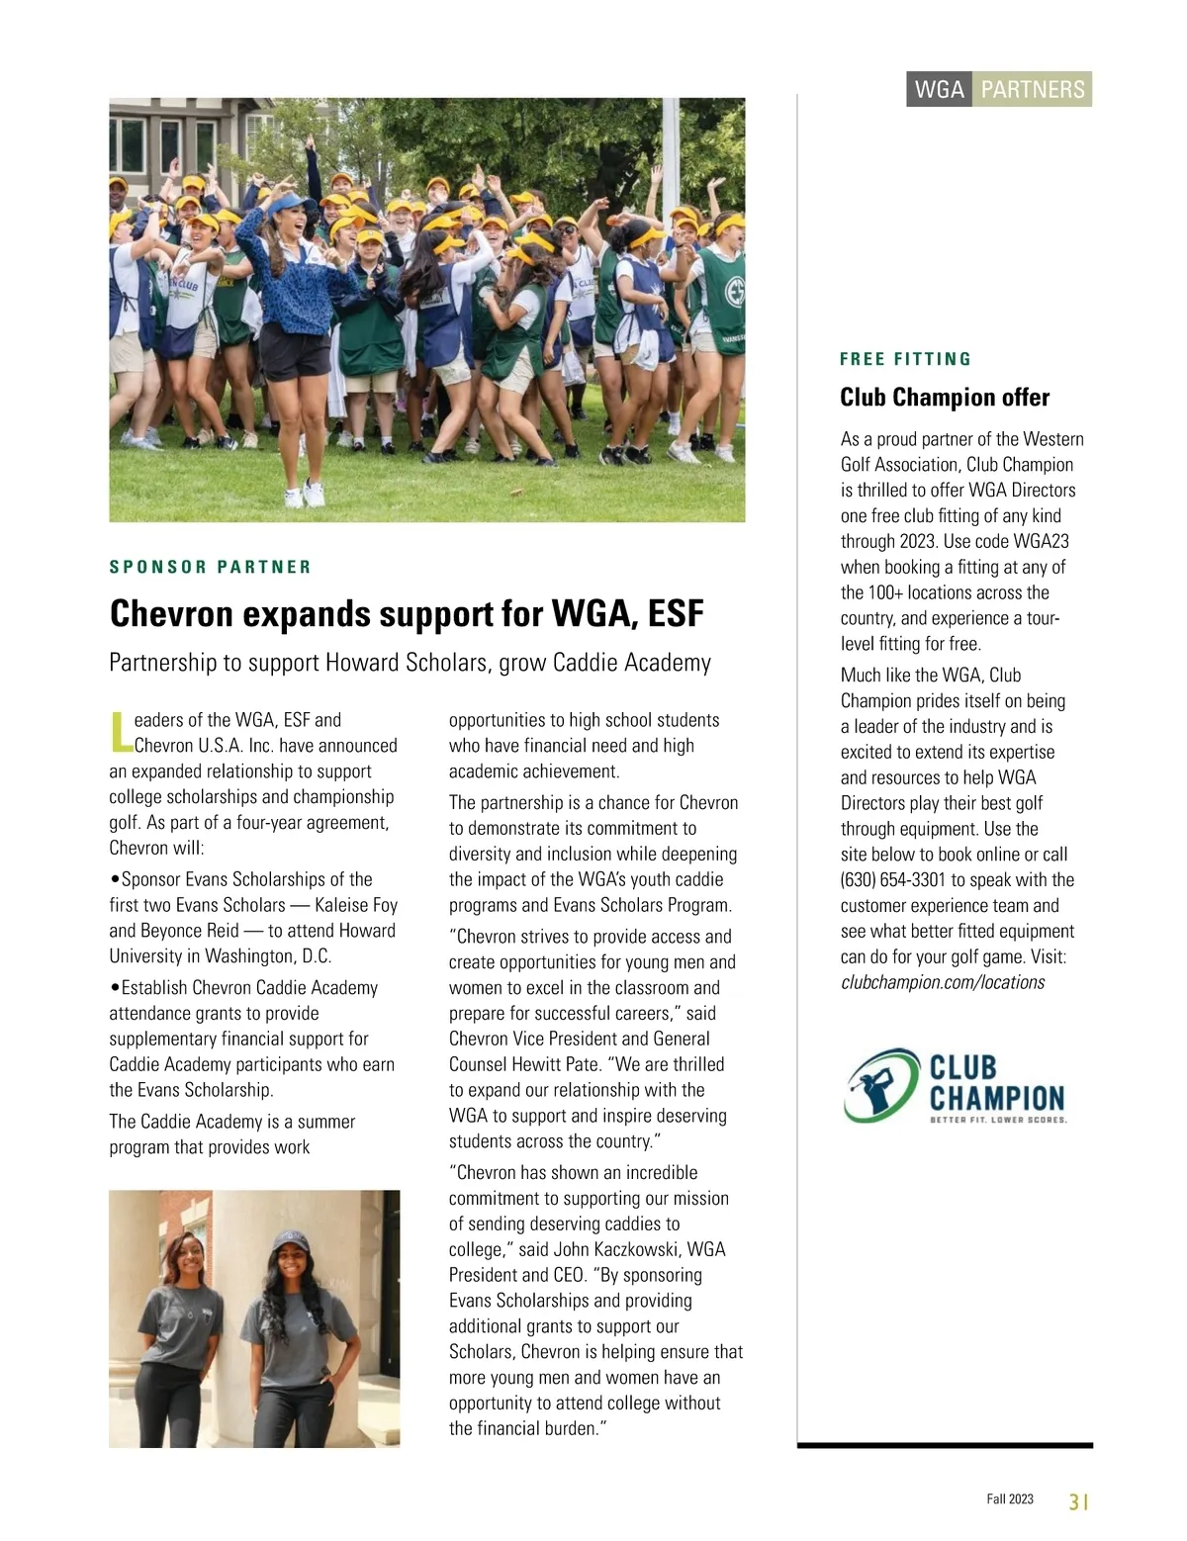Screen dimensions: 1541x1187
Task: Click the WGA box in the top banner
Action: pos(939,90)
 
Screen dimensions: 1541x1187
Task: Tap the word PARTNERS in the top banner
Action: pos(1033,90)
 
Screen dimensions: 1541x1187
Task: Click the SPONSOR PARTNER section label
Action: pos(210,567)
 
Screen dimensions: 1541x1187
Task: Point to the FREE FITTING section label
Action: pos(905,359)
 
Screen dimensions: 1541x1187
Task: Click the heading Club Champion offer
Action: pos(944,398)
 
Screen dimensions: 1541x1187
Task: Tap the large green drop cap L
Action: pos(120,731)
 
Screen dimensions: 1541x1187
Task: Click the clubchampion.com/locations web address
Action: pos(942,982)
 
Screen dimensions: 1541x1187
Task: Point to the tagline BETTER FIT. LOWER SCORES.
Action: pos(998,1121)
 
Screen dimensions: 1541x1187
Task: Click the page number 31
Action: pos(1078,1501)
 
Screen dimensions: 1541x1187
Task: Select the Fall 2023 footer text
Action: pos(1009,1499)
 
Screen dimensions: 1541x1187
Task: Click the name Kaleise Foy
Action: pos(356,905)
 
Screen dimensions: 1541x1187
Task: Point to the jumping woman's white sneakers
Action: pos(304,494)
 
